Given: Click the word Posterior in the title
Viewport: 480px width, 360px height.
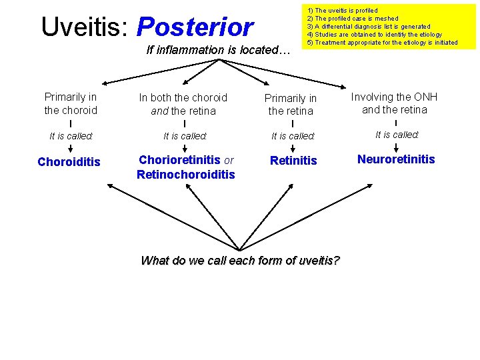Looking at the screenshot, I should pyautogui.click(x=195, y=27).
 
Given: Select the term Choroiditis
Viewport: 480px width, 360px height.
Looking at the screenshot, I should pyautogui.click(x=69, y=162).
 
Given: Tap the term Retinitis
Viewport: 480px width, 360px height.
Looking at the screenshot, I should pyautogui.click(x=293, y=161).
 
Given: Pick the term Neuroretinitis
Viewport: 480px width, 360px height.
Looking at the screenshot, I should pyautogui.click(x=396, y=159).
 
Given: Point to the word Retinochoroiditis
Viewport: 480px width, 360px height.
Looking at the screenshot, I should pyautogui.click(x=185, y=175).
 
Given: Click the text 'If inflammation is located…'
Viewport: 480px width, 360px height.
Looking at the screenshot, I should pyautogui.click(x=218, y=50).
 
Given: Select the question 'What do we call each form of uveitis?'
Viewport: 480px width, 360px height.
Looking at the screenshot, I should pyautogui.click(x=240, y=261).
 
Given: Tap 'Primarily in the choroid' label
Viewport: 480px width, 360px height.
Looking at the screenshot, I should pyautogui.click(x=71, y=104).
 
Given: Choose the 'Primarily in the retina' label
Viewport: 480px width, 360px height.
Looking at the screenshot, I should pyautogui.click(x=291, y=105).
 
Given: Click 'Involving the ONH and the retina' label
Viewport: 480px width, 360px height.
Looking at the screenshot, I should pyautogui.click(x=395, y=103).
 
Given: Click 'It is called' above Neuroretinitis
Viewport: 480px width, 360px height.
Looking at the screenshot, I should pyautogui.click(x=397, y=135).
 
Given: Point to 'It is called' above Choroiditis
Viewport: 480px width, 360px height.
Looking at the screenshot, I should pyautogui.click(x=71, y=136).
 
